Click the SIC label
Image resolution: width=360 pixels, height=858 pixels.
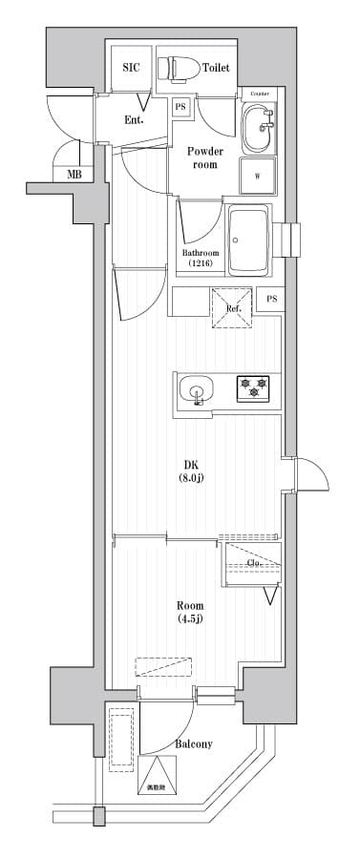(131, 68)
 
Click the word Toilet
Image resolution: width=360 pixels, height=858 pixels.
(215, 68)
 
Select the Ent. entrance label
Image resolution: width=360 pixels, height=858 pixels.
(134, 119)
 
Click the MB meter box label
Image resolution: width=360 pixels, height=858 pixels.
(74, 174)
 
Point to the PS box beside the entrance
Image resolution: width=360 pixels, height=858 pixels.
(180, 108)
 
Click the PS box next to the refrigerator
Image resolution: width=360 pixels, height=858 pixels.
(272, 300)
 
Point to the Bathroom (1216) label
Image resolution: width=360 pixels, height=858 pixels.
(201, 258)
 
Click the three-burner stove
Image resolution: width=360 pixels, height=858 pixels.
(253, 387)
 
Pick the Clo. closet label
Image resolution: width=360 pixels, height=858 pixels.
(253, 563)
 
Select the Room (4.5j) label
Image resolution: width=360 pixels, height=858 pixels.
(189, 612)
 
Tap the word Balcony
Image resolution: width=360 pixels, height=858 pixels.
(194, 743)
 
